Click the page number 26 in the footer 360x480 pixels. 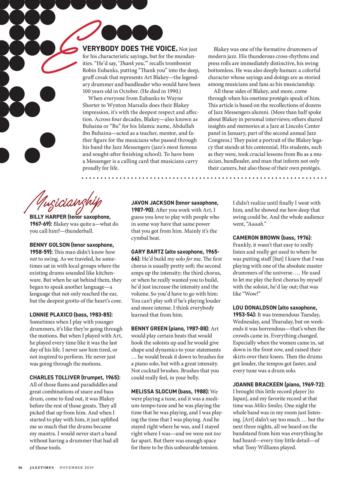(x=21, y=468)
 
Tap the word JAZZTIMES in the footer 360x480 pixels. (x=42, y=468)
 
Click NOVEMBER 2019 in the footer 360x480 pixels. (x=76, y=468)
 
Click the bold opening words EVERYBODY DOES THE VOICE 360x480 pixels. (x=130, y=49)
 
